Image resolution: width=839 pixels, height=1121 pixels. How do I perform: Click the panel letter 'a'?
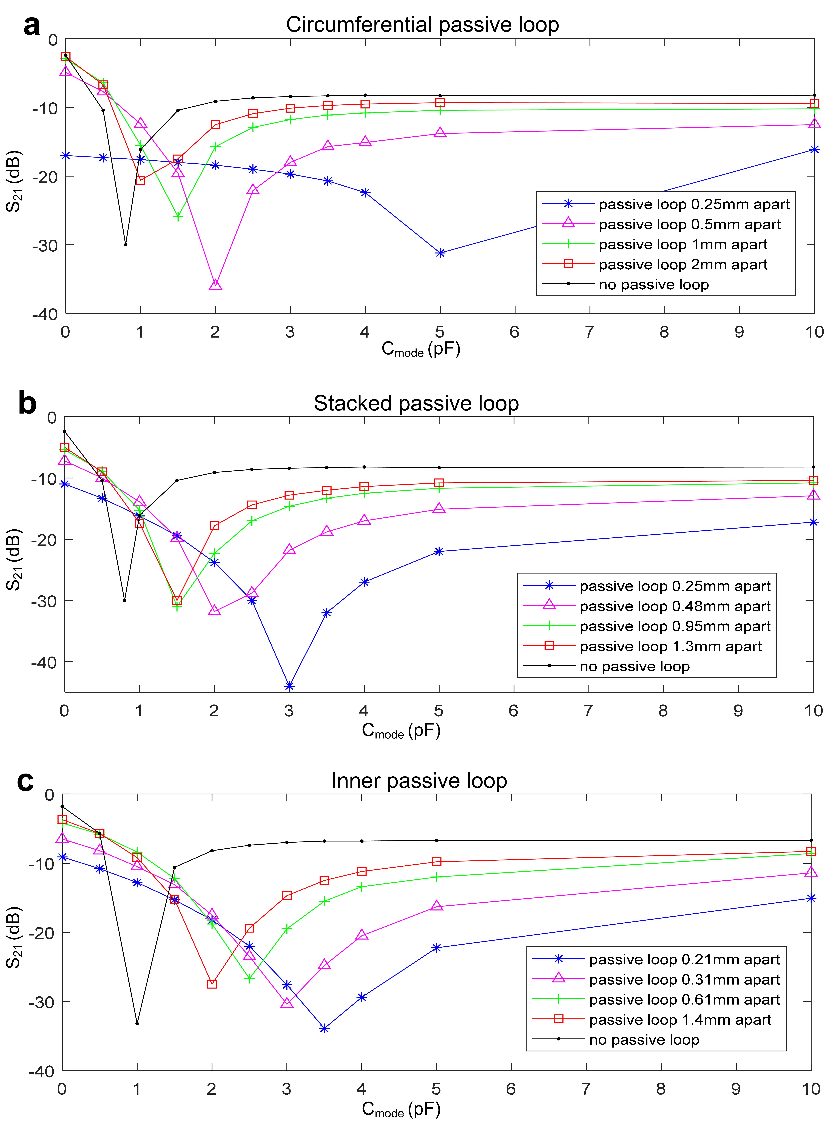pos(31,25)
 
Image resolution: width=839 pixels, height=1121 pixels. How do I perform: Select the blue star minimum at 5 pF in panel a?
pos(440,253)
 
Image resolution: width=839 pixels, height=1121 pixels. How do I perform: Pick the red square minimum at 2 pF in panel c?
pos(212,984)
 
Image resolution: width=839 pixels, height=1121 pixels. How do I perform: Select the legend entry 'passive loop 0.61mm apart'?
pos(684,999)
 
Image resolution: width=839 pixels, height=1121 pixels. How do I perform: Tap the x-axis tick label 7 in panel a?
pos(589,332)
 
